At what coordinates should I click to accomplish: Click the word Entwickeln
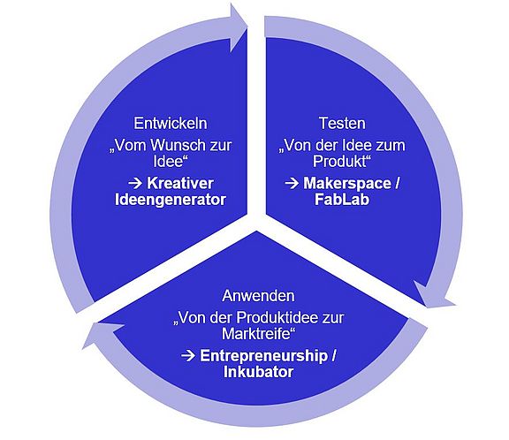click(171, 124)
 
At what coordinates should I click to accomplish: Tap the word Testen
click(342, 124)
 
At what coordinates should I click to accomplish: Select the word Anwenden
click(258, 296)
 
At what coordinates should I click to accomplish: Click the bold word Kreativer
click(180, 184)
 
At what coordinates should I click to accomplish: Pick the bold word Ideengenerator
click(171, 200)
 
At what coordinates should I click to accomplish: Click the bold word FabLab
click(342, 199)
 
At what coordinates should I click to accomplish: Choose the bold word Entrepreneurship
click(263, 356)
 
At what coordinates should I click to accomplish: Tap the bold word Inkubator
click(258, 372)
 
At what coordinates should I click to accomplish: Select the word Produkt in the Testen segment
click(340, 162)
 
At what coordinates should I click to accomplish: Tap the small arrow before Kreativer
click(135, 184)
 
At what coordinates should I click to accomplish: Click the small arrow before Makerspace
click(292, 184)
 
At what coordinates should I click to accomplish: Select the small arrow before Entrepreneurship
click(188, 356)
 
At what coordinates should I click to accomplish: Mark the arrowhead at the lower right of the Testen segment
click(433, 294)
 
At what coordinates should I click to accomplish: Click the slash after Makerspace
click(397, 184)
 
